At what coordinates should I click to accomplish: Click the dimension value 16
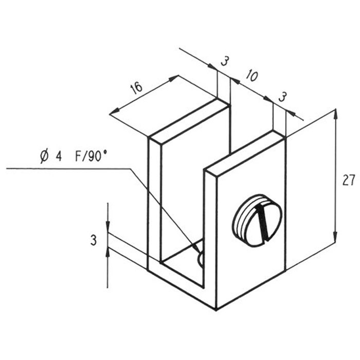pos(137,88)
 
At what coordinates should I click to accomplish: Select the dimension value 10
pos(252,76)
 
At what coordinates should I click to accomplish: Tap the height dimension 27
pos(349,180)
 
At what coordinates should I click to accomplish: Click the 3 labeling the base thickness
pos(93,240)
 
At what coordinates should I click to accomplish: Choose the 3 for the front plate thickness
pos(282,97)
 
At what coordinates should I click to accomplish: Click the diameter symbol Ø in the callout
pos(45,156)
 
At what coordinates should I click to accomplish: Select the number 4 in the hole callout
pos(59,156)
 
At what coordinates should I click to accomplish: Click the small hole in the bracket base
pos(200,259)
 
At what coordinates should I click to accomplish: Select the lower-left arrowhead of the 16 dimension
pos(114,111)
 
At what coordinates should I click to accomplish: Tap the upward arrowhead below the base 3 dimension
pos(108,254)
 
